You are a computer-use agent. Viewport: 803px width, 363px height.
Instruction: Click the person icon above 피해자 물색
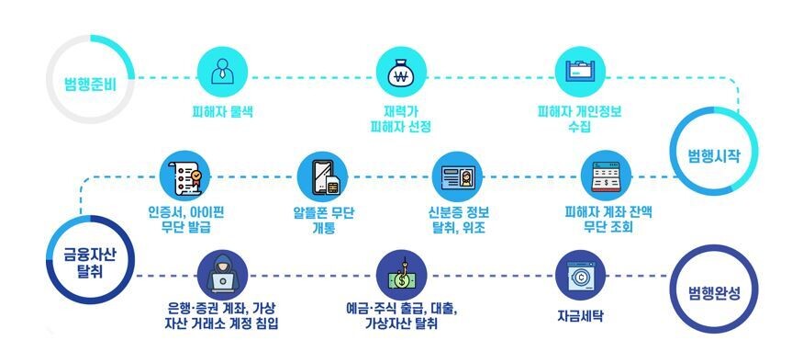(x=223, y=72)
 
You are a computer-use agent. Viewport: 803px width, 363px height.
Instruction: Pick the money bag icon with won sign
(x=400, y=72)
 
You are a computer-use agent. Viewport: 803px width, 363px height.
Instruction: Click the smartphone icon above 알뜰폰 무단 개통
(x=323, y=176)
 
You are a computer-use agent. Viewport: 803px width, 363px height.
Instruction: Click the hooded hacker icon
(x=223, y=273)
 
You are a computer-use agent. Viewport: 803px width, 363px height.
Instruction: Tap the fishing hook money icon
(x=400, y=273)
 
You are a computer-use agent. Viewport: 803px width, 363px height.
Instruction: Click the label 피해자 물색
(x=222, y=112)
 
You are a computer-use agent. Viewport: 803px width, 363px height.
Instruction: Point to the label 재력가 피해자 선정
(x=400, y=119)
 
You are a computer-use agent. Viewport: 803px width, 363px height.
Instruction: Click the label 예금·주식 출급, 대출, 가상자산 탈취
(x=400, y=314)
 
